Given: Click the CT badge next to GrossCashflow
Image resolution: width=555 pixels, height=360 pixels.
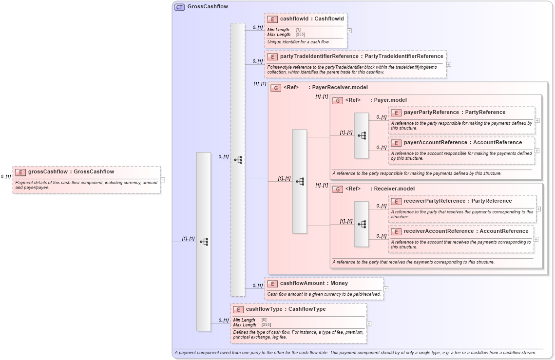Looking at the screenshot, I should point(179,7).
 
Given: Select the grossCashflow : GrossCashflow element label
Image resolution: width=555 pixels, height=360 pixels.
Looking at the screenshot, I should point(71,171).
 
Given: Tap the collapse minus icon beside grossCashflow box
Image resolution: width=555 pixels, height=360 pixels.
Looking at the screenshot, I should point(163,180).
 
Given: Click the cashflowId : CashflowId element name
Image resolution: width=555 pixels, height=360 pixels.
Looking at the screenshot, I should point(311,19).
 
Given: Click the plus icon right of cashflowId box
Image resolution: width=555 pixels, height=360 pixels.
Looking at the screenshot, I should point(349,30).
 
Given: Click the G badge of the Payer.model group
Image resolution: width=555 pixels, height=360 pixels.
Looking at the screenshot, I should point(337,100).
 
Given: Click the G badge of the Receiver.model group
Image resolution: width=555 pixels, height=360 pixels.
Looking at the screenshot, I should point(337,189).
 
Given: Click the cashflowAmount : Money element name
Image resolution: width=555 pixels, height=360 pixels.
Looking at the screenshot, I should point(314,283).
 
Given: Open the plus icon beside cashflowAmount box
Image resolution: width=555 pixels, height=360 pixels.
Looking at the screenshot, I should point(386,289).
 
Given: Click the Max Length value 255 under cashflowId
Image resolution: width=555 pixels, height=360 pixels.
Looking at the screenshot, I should point(300,35).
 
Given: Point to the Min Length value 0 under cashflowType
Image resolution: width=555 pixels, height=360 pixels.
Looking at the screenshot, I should point(264,320).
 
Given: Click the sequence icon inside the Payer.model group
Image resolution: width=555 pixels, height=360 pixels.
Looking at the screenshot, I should point(362,135).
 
